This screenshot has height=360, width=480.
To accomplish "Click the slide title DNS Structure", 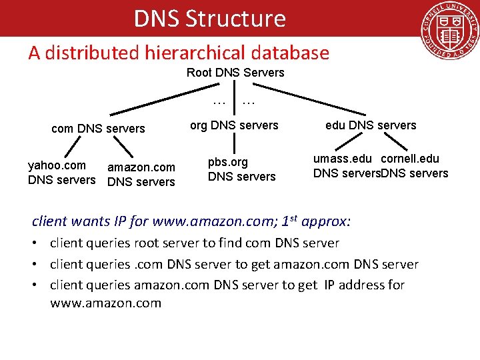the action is [x=209, y=19].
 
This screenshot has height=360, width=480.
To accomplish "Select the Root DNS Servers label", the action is [x=235, y=73].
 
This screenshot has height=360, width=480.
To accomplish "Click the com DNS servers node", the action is [x=98, y=129].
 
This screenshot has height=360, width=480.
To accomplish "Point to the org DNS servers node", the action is [x=234, y=125].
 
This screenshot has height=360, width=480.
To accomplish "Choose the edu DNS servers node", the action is [x=371, y=125].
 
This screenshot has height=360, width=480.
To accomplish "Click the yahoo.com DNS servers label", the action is [x=61, y=173].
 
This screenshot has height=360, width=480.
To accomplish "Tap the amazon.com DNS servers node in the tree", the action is [x=141, y=175].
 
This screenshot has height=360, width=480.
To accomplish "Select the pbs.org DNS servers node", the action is [x=241, y=169].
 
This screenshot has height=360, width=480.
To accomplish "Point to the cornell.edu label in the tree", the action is [x=410, y=159].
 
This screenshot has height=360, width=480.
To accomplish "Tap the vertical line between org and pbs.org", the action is [x=233, y=143].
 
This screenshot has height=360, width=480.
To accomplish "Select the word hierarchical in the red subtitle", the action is [x=190, y=53].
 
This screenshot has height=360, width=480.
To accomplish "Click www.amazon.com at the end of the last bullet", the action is [x=105, y=303].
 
